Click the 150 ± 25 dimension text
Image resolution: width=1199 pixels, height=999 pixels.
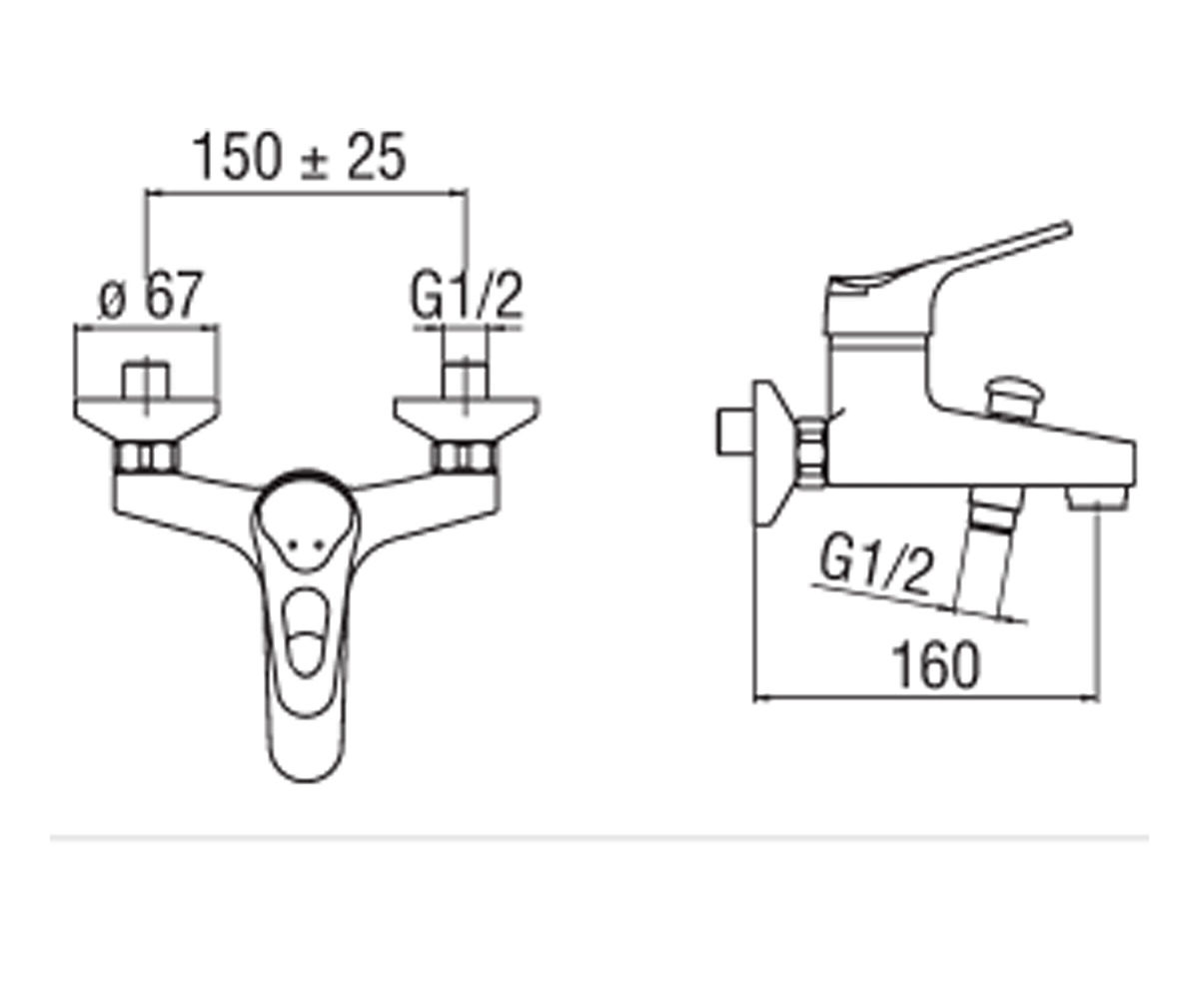coord(299,156)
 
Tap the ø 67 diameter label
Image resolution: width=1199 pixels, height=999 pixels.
coord(151,295)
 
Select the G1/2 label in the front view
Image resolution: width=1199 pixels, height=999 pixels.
coord(467,297)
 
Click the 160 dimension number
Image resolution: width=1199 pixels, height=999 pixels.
coord(935,665)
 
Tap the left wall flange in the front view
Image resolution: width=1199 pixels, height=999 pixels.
coord(146,420)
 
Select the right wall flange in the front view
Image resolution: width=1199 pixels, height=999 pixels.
coord(467,420)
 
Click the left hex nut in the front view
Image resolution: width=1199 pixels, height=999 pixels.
coord(147,458)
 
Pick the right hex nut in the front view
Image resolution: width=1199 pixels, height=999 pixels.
coord(466,458)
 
